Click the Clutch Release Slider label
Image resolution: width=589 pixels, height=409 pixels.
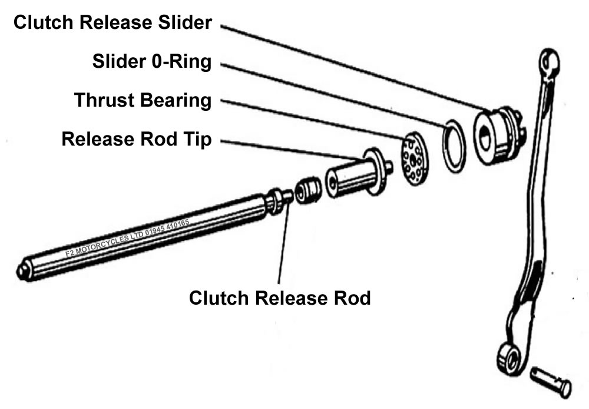(112, 23)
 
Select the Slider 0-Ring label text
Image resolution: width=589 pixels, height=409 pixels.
(151, 61)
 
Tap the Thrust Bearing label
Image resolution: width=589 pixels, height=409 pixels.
(143, 100)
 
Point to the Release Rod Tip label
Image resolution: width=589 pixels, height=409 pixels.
(136, 140)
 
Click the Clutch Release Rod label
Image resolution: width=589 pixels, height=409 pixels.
(280, 298)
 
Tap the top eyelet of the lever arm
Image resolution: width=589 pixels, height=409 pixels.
(549, 60)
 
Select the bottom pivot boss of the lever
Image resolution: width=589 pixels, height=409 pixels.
(508, 356)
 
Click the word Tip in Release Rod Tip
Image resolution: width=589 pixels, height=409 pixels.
(199, 140)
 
